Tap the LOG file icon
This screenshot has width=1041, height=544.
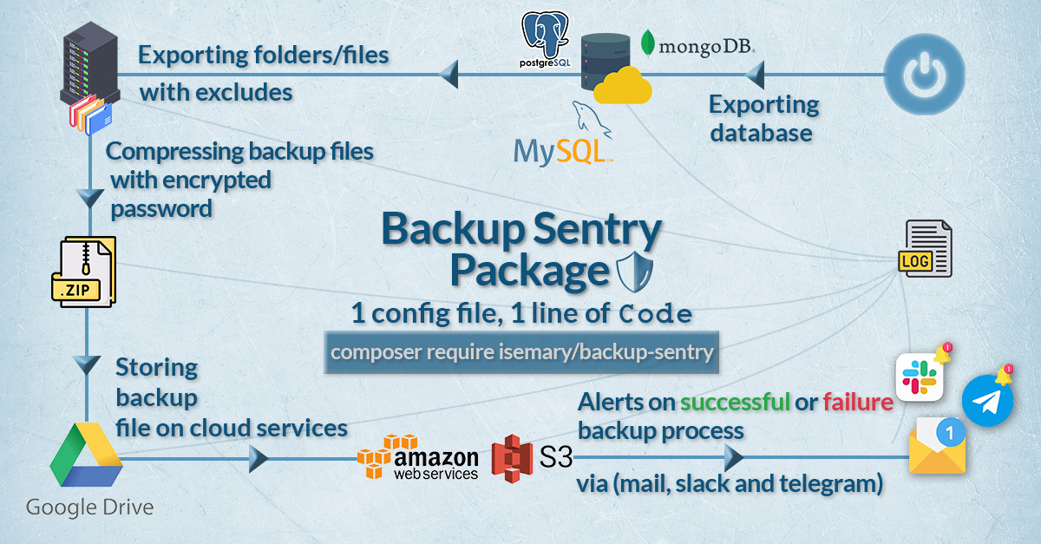(x=927, y=249)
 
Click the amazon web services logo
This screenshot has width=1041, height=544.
(x=419, y=456)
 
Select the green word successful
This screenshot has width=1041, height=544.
(x=734, y=403)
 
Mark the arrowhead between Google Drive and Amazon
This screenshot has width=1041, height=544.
(x=259, y=458)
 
